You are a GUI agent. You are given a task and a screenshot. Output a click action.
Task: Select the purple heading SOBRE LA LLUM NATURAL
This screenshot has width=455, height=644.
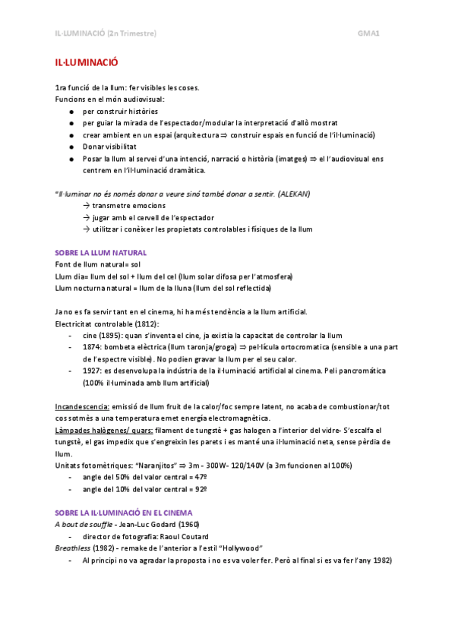point(101,252)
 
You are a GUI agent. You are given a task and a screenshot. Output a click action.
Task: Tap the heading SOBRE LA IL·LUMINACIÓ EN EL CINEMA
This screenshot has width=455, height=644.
point(124,513)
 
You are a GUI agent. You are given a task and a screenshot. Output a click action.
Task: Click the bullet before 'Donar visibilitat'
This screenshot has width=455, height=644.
point(70,146)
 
